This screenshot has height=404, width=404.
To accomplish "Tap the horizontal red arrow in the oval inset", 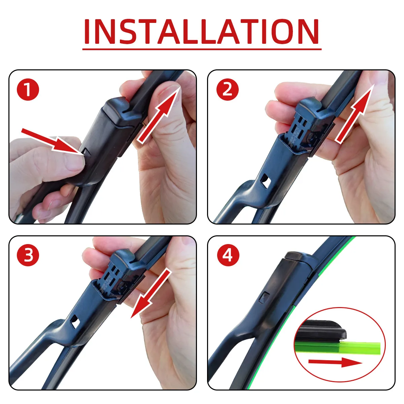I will point(335,362).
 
